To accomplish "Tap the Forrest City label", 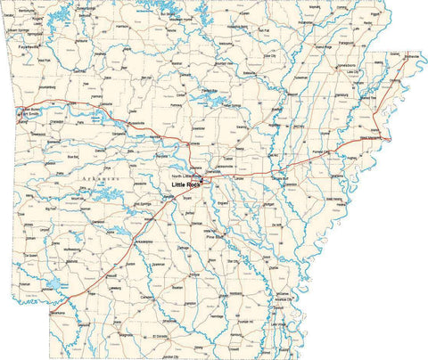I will tap(332, 152).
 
